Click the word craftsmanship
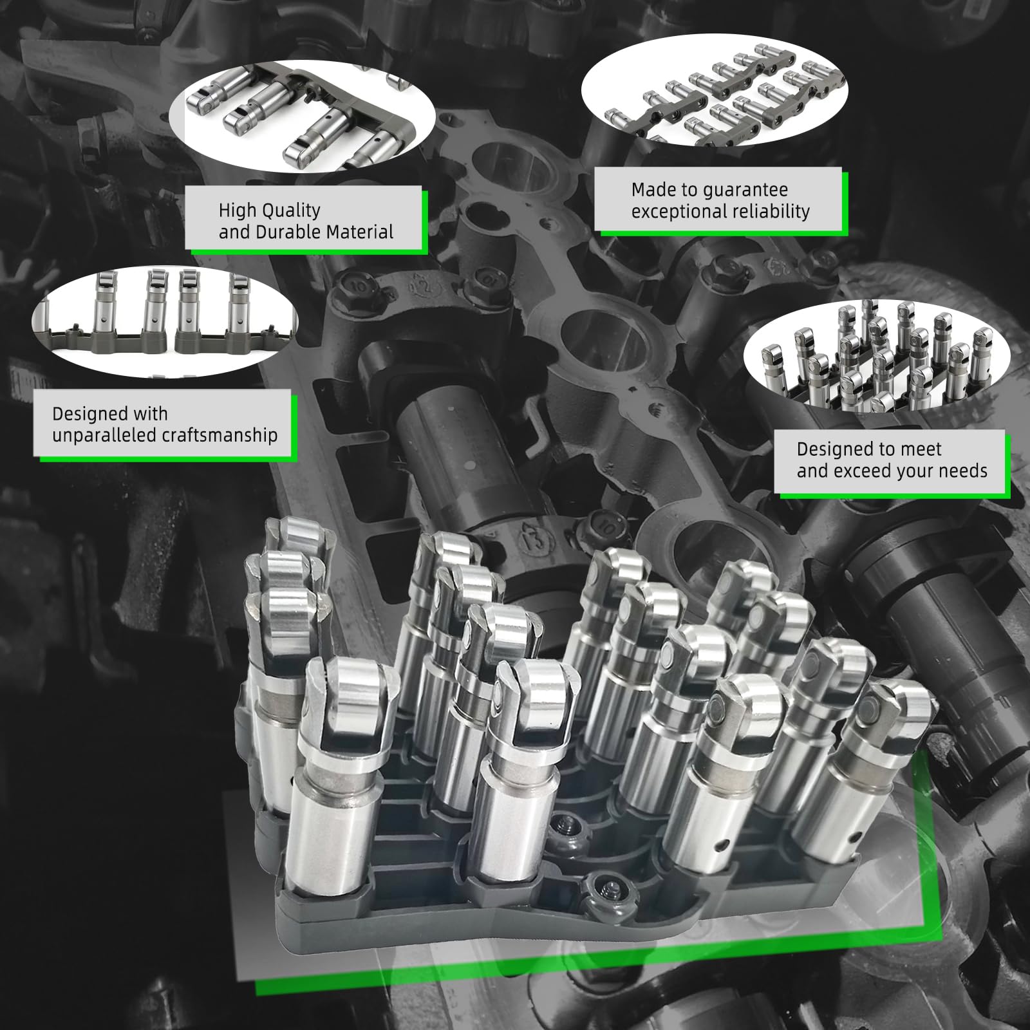pyautogui.click(x=220, y=436)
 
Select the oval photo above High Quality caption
pyautogui.click(x=302, y=118)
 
